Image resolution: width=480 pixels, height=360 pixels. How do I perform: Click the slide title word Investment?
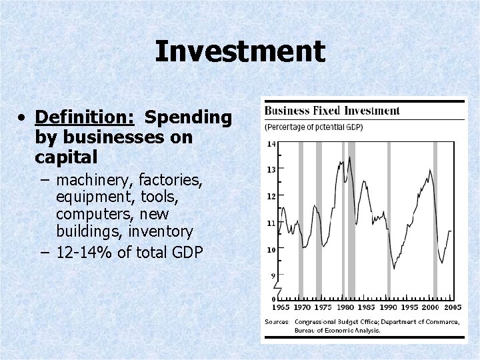[240, 52]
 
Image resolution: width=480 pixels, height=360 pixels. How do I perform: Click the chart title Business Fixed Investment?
[332, 111]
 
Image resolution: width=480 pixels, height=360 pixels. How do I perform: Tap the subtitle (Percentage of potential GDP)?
[314, 127]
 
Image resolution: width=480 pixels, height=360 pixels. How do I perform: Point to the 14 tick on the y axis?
[271, 143]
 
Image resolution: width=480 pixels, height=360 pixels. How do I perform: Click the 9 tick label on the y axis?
[273, 275]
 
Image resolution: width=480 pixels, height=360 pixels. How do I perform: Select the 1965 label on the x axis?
[281, 307]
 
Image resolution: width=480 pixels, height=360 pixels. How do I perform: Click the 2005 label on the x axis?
[452, 307]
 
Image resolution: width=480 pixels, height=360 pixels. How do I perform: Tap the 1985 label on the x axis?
[366, 307]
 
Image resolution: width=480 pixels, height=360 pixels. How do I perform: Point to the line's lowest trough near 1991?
[394, 268]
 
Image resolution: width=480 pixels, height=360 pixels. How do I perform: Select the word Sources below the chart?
[277, 322]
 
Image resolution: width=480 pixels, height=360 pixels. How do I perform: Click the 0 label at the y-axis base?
[273, 298]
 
